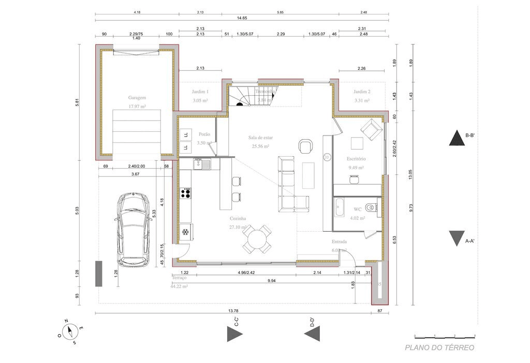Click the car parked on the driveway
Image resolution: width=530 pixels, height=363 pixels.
coord(133,230)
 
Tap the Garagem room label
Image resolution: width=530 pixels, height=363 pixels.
coord(137,97)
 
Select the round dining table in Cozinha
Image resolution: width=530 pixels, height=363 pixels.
coord(257,239)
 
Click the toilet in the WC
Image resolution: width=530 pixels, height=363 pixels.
coord(370,208)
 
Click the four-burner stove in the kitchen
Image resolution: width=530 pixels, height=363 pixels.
coord(186,193)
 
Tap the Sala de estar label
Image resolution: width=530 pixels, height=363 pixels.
coord(260,138)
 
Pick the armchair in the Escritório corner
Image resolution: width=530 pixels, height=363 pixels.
coord(371,130)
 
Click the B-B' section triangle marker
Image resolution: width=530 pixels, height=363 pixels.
coord(457,139)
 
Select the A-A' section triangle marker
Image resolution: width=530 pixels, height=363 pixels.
coord(457,238)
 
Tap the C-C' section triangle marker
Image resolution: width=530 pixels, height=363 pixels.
coord(234,334)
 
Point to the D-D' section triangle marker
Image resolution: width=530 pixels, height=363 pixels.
coord(312,335)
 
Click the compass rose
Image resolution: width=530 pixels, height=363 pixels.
coord(70,331)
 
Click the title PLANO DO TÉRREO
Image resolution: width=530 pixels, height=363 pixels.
coord(439,347)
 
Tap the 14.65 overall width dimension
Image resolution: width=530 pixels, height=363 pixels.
coord(242,18)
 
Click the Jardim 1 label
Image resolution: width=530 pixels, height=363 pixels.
coord(200,91)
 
